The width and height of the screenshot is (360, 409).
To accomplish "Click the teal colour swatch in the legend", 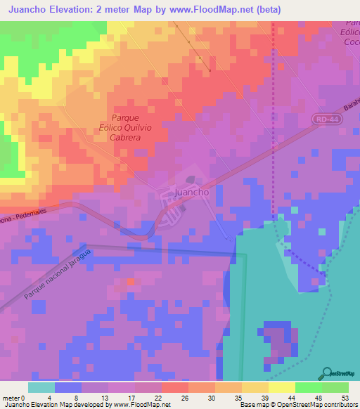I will click(x=41, y=387).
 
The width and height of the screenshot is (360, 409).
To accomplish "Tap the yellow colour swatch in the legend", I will click(x=282, y=387).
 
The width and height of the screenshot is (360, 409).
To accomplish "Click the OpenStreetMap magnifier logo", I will click(x=327, y=373).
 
